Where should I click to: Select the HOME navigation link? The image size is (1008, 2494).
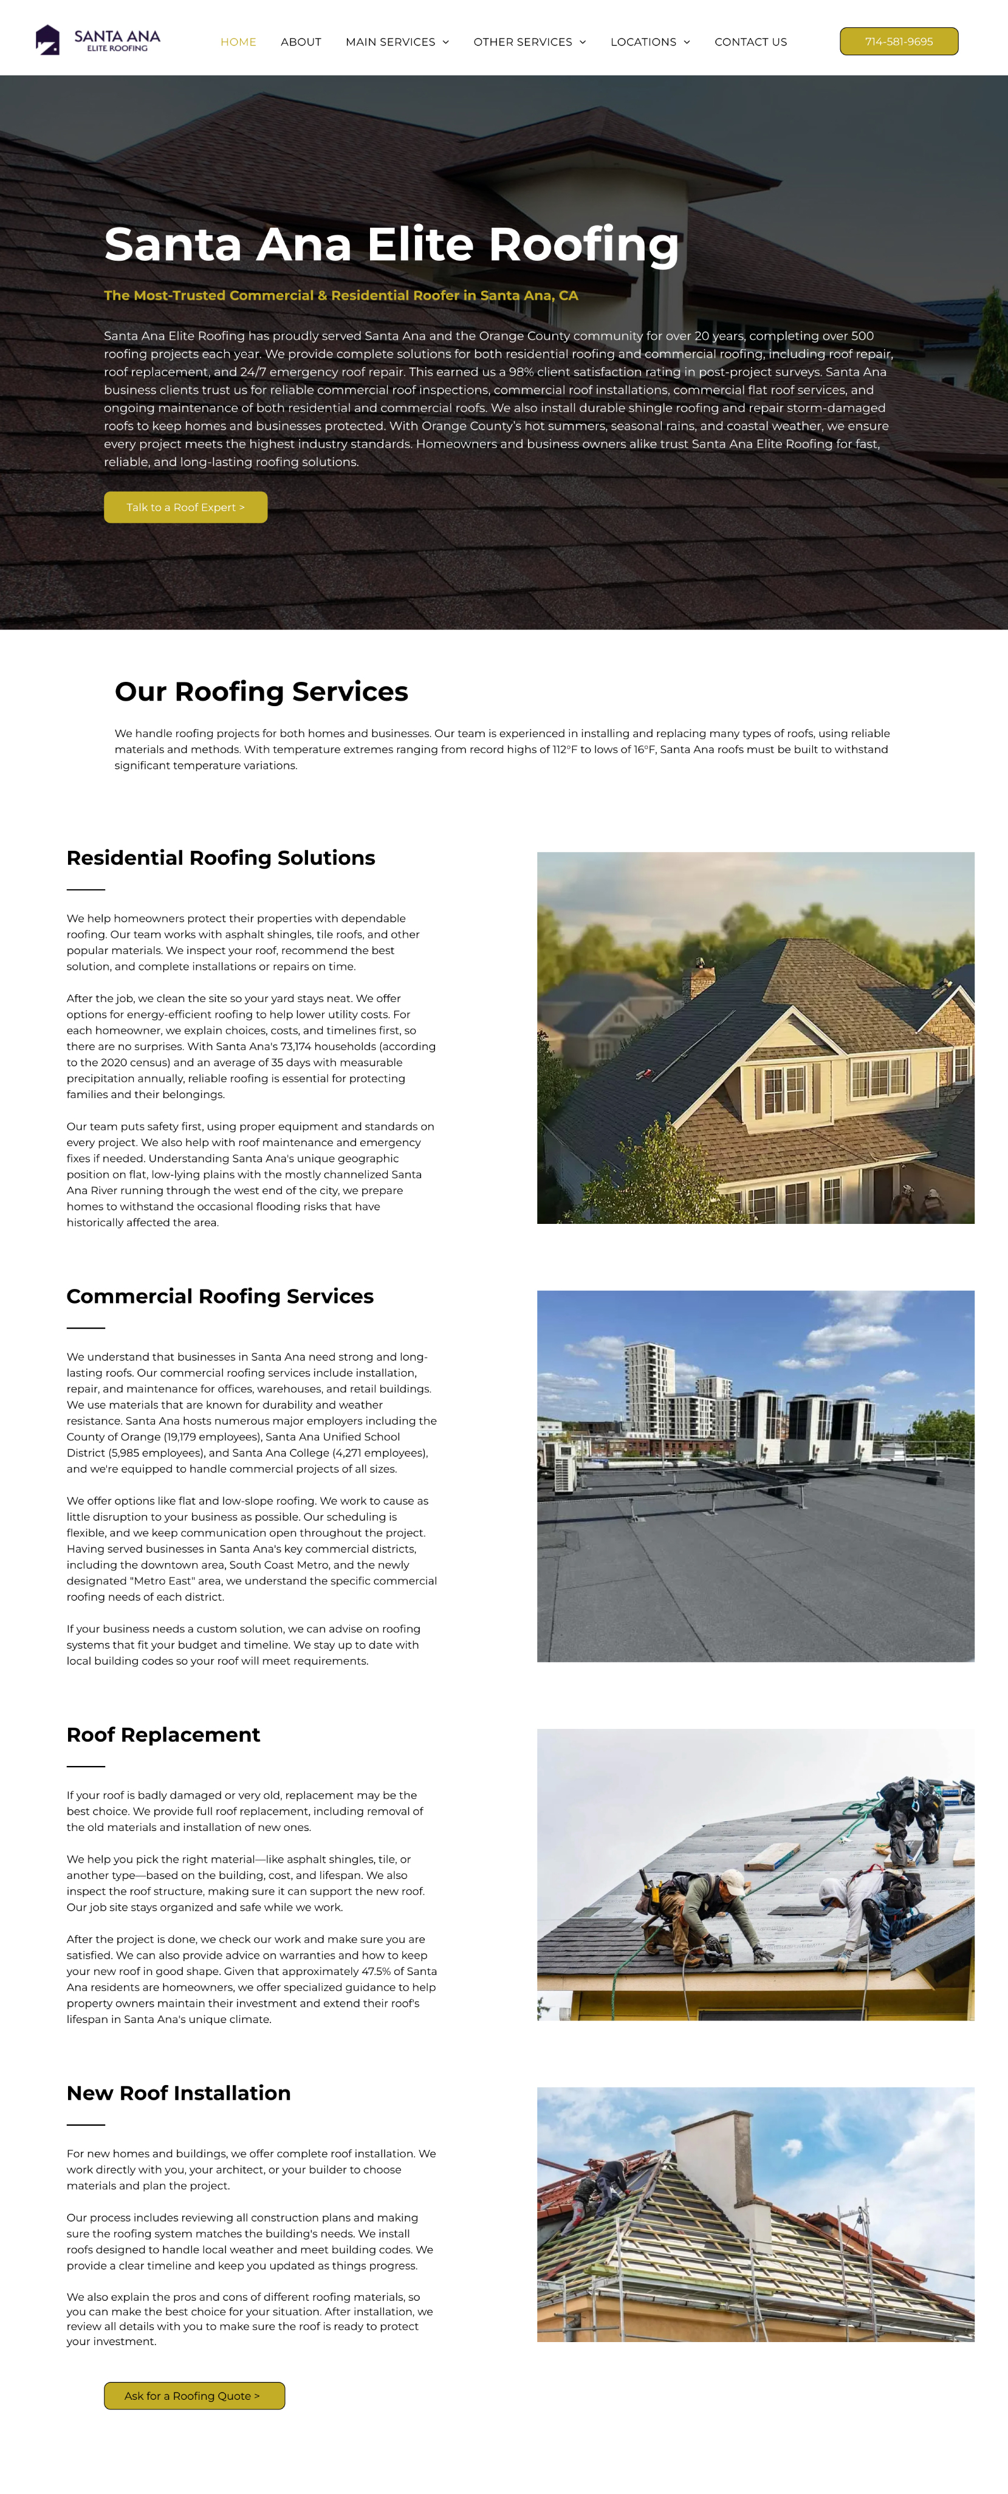(238, 42)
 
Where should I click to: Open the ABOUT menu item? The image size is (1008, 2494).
(300, 42)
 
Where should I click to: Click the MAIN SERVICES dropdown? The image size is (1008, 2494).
(397, 42)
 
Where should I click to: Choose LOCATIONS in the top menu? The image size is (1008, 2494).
(650, 42)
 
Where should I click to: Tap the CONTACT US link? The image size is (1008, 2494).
(750, 42)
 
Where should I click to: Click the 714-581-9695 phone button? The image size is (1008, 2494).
(899, 42)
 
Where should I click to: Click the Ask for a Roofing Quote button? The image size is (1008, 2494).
(194, 2395)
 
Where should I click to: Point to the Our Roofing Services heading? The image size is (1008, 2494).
(261, 692)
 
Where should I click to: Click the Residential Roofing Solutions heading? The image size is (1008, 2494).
(221, 858)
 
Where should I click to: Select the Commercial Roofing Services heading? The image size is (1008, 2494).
(220, 1296)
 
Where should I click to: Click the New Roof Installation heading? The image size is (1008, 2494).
(178, 2093)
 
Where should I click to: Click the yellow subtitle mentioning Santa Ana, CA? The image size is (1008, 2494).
(341, 295)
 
